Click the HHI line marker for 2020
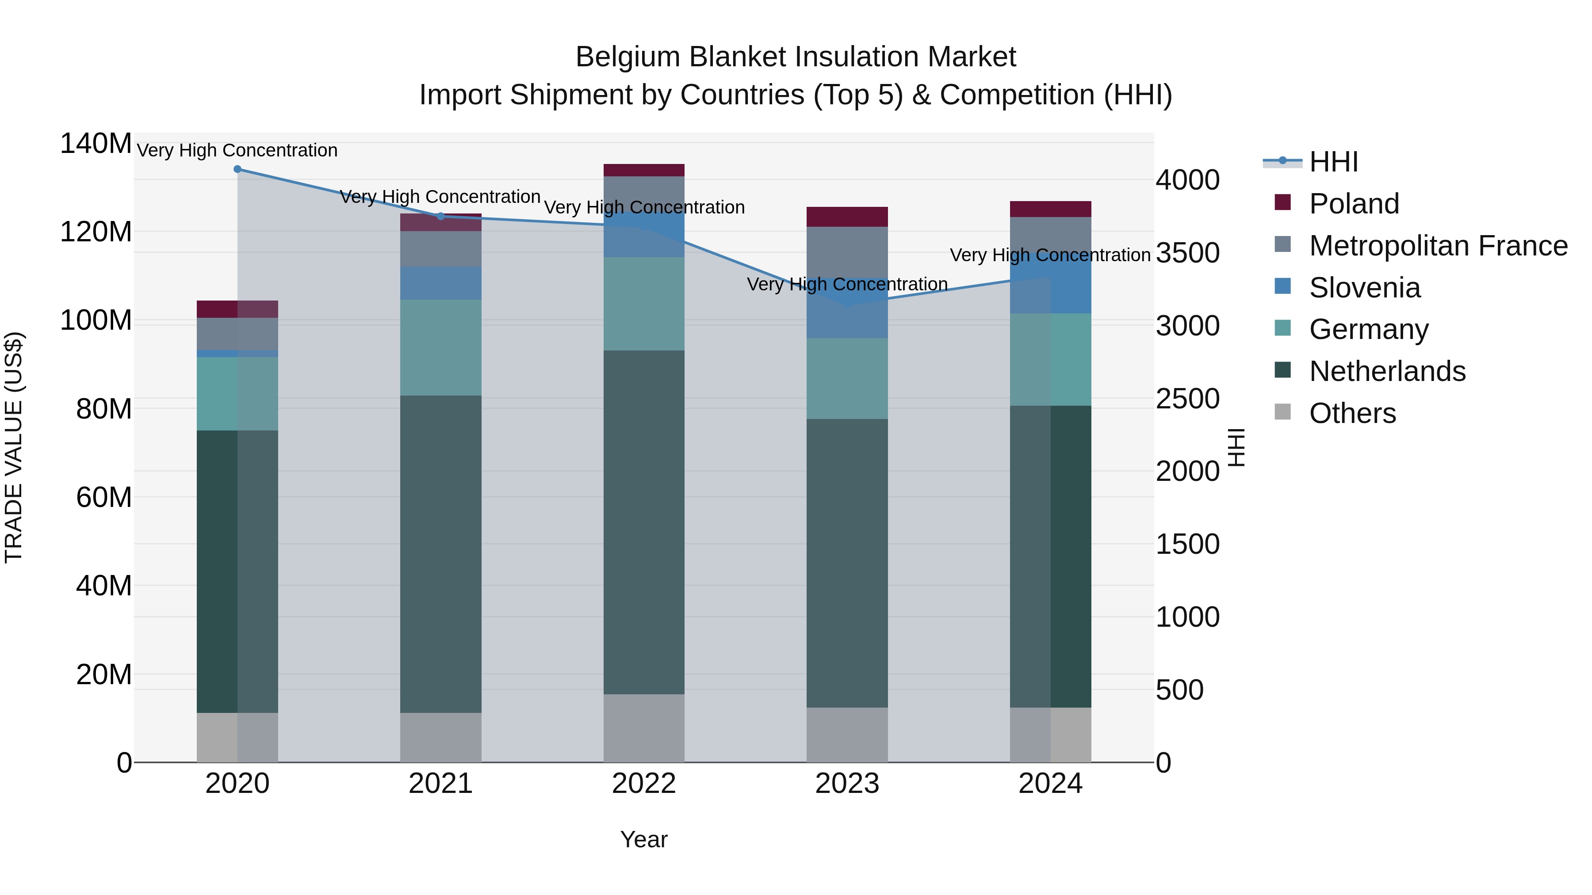pyautogui.click(x=237, y=169)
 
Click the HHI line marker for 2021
pyautogui.click(x=440, y=216)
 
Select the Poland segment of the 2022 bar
pyautogui.click(x=644, y=171)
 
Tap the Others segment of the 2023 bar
pyautogui.click(x=847, y=735)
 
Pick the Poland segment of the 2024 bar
pyautogui.click(x=1051, y=209)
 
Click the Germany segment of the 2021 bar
pyautogui.click(x=440, y=348)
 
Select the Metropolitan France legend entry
pyautogui.click(x=1438, y=246)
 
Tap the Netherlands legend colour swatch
pyautogui.click(x=1283, y=371)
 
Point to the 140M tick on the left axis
pyautogui.click(x=96, y=144)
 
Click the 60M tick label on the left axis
pyautogui.click(x=104, y=497)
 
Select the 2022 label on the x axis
pyautogui.click(x=644, y=784)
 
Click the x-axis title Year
pyautogui.click(x=644, y=839)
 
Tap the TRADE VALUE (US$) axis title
pyautogui.click(x=14, y=447)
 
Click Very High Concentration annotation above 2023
pyautogui.click(x=847, y=284)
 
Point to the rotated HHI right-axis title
pyautogui.click(x=1236, y=447)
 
